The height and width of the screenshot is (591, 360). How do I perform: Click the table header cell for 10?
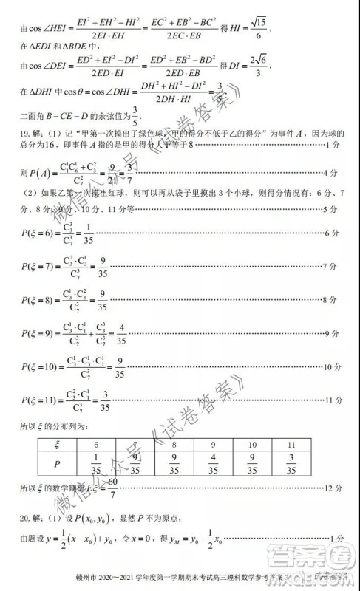pyautogui.click(x=252, y=445)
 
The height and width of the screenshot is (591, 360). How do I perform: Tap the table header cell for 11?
pyautogui.click(x=291, y=445)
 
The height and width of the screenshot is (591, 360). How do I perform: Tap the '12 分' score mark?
pyautogui.click(x=333, y=488)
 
